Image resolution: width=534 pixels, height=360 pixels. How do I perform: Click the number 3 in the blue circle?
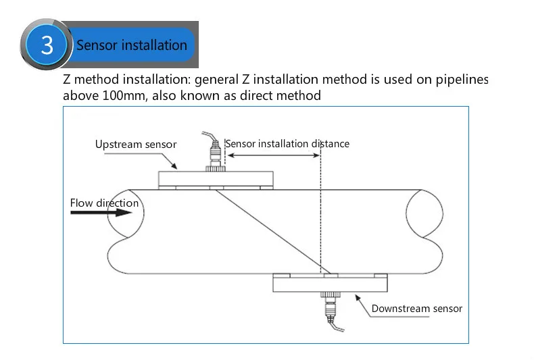coord(47,45)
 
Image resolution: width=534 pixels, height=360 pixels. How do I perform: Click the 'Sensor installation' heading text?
coord(132,45)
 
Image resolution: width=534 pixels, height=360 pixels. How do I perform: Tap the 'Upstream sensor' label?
coord(136,145)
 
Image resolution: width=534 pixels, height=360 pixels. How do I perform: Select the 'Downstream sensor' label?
coord(417,309)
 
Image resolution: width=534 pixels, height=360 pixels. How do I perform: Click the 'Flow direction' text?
coord(104,203)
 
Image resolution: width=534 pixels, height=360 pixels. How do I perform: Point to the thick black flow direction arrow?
coord(101,213)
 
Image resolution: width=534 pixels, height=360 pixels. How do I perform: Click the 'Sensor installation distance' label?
coord(287,144)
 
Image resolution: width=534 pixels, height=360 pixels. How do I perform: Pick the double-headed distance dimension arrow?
coord(274,155)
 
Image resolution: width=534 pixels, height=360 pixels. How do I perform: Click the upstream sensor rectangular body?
coord(216,178)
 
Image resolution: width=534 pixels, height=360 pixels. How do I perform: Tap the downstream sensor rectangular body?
coord(330,284)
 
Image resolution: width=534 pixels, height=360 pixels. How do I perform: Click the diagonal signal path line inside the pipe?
coord(269,232)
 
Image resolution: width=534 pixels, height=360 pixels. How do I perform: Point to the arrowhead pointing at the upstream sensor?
coord(174,165)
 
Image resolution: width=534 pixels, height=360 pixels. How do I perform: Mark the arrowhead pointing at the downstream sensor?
coord(358,298)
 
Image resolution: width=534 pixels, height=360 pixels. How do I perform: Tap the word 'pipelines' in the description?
coord(462,80)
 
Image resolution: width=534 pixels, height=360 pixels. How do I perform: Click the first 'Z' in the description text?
coord(67,80)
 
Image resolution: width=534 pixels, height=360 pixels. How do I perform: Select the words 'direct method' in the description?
coord(281,96)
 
